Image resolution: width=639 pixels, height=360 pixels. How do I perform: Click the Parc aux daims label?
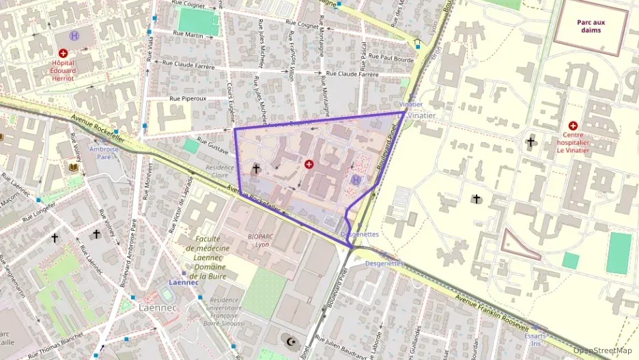(591, 25)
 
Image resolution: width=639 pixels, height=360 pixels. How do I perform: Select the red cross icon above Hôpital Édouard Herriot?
(63, 53)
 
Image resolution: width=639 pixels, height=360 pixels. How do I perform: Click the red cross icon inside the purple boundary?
(309, 165)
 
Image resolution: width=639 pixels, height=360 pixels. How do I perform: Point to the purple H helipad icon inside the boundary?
(355, 180)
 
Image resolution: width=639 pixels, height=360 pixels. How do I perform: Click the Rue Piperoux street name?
(188, 99)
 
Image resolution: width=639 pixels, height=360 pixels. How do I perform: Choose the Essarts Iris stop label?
(535, 340)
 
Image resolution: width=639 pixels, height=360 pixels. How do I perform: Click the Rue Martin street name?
(189, 34)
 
